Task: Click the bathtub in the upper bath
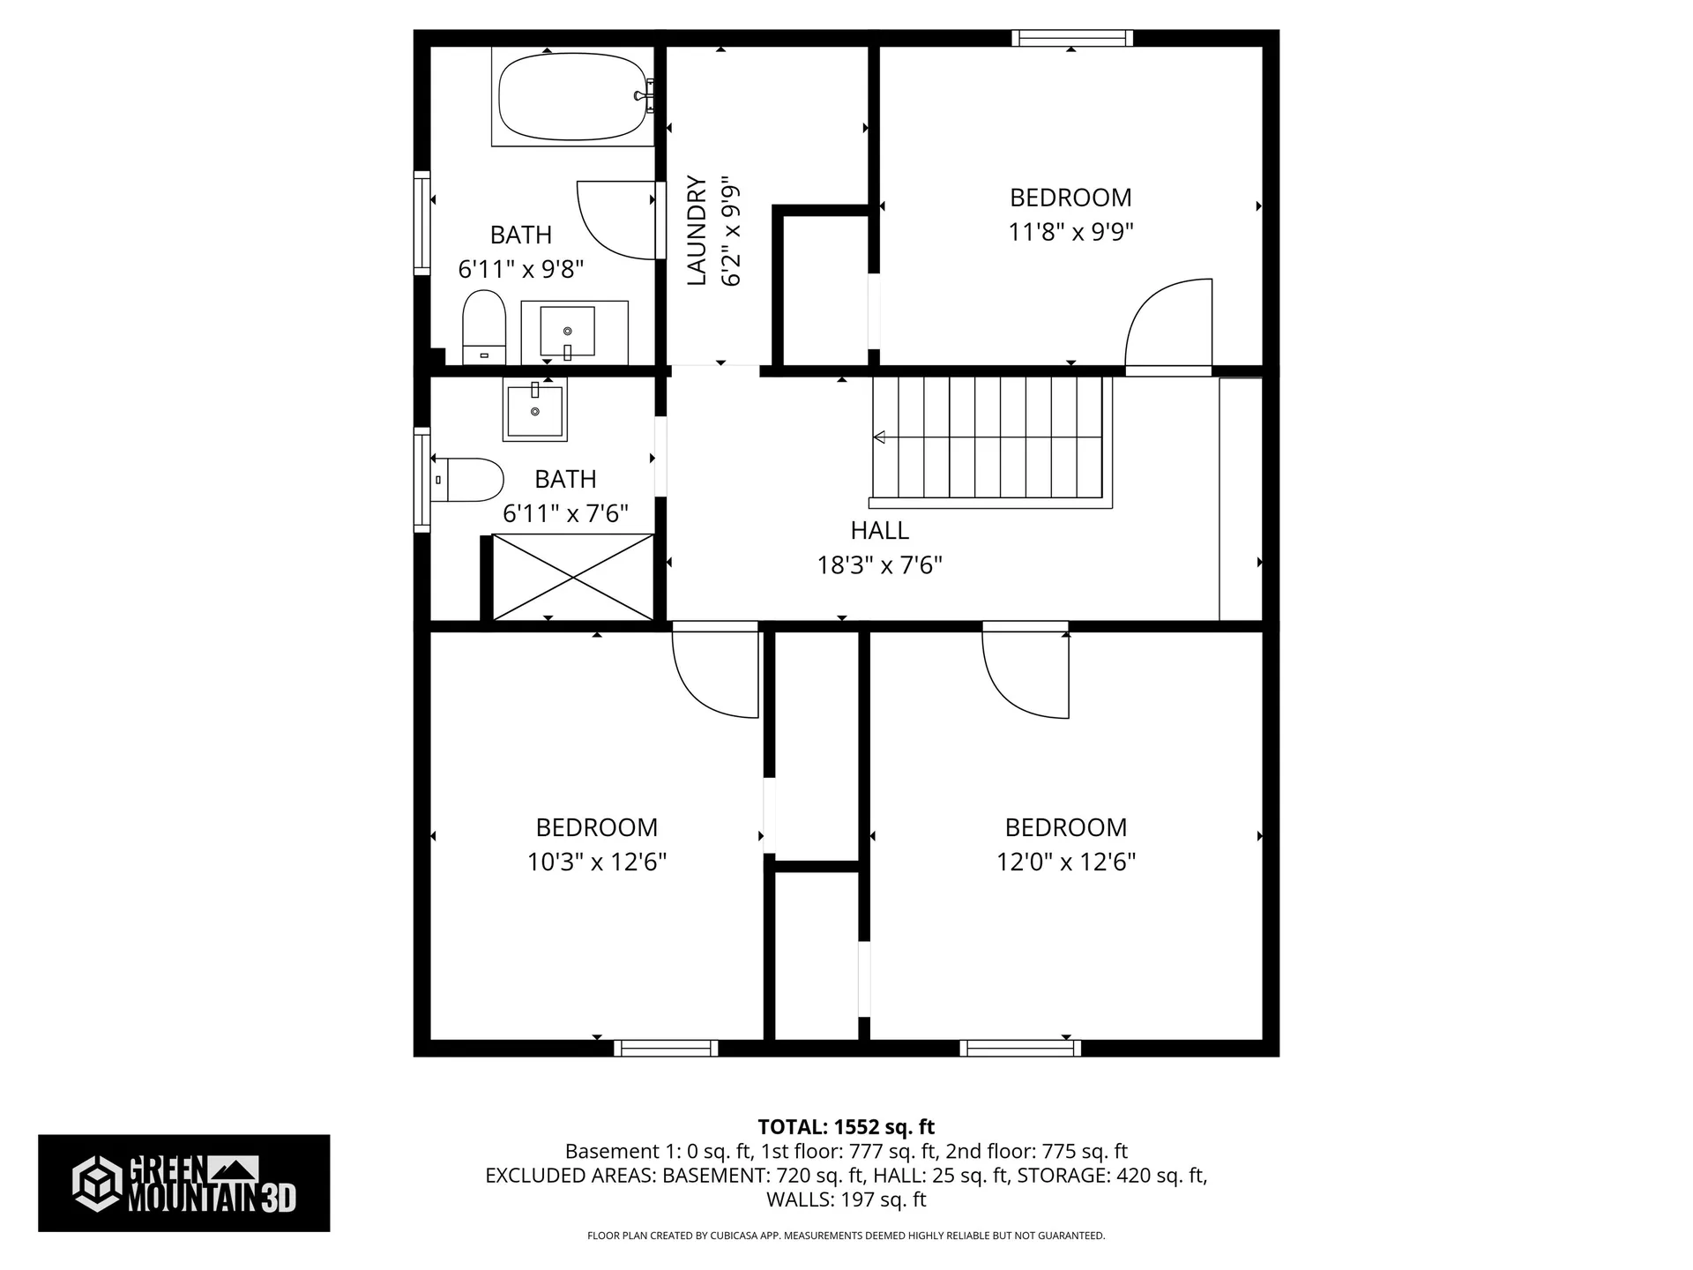(x=573, y=97)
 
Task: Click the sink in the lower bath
(x=534, y=409)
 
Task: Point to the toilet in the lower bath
(x=467, y=480)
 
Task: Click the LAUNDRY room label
(x=697, y=231)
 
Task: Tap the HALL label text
(x=879, y=531)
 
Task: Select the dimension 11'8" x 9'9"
(x=1070, y=232)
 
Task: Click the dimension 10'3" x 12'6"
(x=597, y=862)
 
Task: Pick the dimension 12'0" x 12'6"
(x=1066, y=862)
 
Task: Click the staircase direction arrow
(x=880, y=437)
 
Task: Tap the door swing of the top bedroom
(x=1164, y=322)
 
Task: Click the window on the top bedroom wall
(x=1072, y=38)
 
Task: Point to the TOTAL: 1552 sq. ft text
(x=846, y=1127)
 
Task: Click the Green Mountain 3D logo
(x=183, y=1183)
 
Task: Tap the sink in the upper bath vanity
(x=567, y=331)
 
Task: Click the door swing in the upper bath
(x=617, y=220)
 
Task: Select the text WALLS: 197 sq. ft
(x=846, y=1199)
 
